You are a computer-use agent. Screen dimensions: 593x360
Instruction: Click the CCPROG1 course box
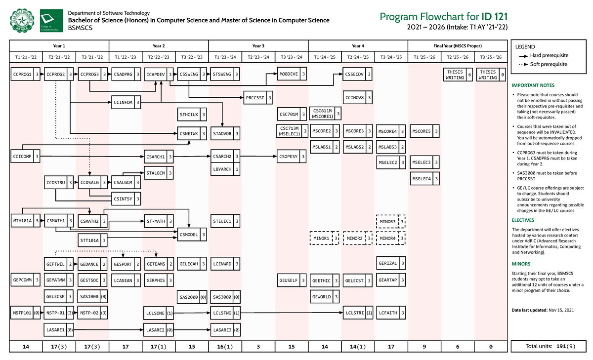pos(26,75)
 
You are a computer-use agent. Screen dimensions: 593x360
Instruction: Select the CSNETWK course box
pos(192,133)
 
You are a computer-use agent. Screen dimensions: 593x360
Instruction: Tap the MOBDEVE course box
pos(292,75)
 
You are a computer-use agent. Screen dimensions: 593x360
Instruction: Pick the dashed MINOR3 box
pos(391,222)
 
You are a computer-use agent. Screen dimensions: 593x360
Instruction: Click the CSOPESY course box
pos(292,157)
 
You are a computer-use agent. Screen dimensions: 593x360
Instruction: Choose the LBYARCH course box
pos(225,169)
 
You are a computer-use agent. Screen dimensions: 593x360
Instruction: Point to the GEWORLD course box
pos(325,297)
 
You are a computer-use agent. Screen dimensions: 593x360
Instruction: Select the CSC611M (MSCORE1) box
pos(325,114)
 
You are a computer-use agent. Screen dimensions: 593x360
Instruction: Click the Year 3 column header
pos(258,45)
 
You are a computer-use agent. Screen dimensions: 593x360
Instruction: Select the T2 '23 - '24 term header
pos(258,57)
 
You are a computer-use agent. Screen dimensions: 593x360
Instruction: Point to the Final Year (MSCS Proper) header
pos(458,45)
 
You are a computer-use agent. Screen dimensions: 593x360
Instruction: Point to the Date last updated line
pos(543,310)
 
